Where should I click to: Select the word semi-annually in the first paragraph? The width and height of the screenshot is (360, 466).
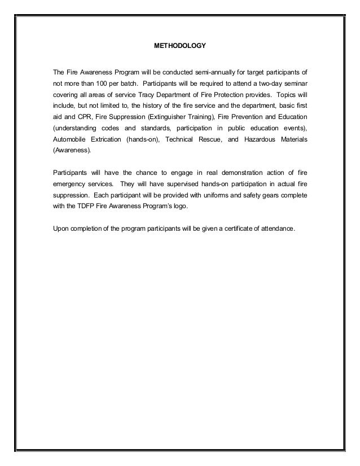pyautogui.click(x=207, y=72)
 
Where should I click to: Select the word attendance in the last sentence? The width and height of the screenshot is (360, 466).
pyautogui.click(x=277, y=228)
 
